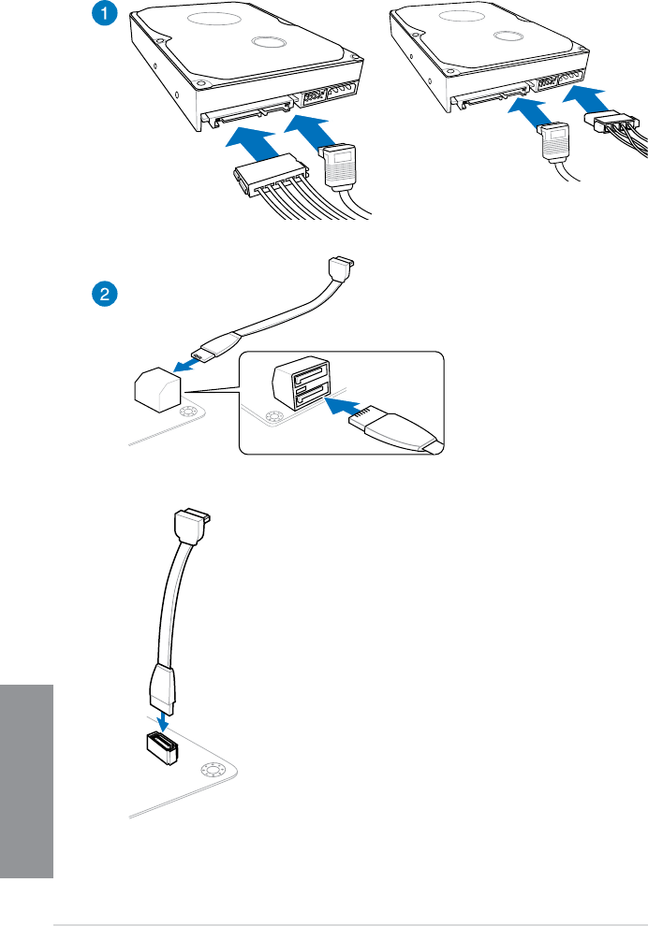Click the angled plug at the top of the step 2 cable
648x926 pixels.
pyautogui.click(x=344, y=269)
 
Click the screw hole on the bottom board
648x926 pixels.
pyautogui.click(x=210, y=770)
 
